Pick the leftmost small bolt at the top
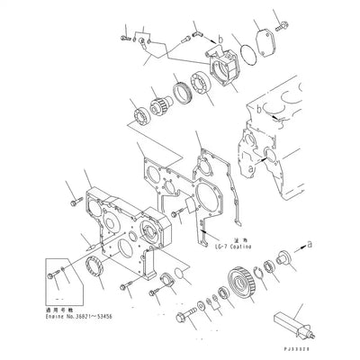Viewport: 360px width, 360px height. tap(123, 39)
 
